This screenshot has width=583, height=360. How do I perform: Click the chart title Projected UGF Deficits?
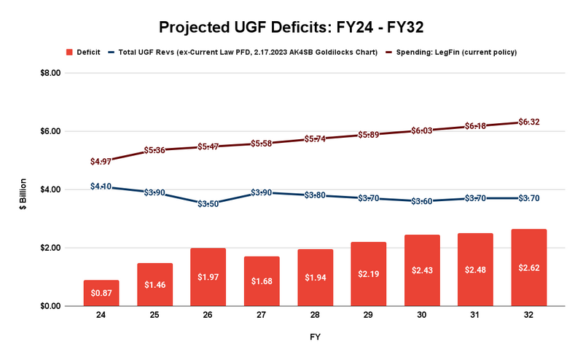click(x=291, y=27)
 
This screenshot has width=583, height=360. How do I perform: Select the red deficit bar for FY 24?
click(x=101, y=293)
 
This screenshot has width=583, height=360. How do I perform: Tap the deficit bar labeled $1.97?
click(x=208, y=276)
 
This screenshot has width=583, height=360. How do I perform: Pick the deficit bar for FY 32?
click(x=529, y=267)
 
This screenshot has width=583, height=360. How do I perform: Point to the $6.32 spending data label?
click(x=529, y=122)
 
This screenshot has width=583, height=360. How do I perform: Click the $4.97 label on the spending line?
click(x=101, y=161)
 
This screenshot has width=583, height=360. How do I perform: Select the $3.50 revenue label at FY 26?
click(x=208, y=204)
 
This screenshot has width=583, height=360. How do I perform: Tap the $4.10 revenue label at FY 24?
click(x=101, y=187)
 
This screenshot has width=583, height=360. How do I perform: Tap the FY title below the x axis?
click(x=315, y=337)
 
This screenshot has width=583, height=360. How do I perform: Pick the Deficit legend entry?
click(x=84, y=52)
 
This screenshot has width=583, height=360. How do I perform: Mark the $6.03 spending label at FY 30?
click(x=422, y=130)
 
